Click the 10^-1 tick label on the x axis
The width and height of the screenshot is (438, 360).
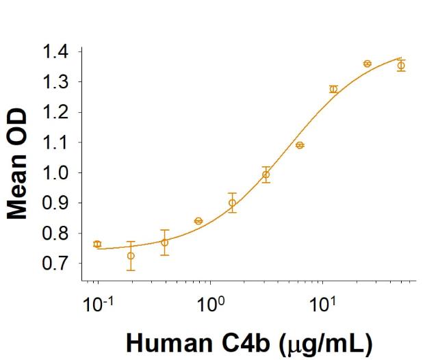[96, 302]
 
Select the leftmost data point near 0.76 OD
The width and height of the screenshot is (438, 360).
[97, 244]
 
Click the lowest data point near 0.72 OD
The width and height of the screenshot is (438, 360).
[131, 256]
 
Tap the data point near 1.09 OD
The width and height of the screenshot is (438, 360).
[300, 145]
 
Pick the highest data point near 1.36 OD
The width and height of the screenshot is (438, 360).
[368, 64]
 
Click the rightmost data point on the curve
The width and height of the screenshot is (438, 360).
[401, 66]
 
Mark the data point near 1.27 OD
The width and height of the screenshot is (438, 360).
[333, 89]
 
